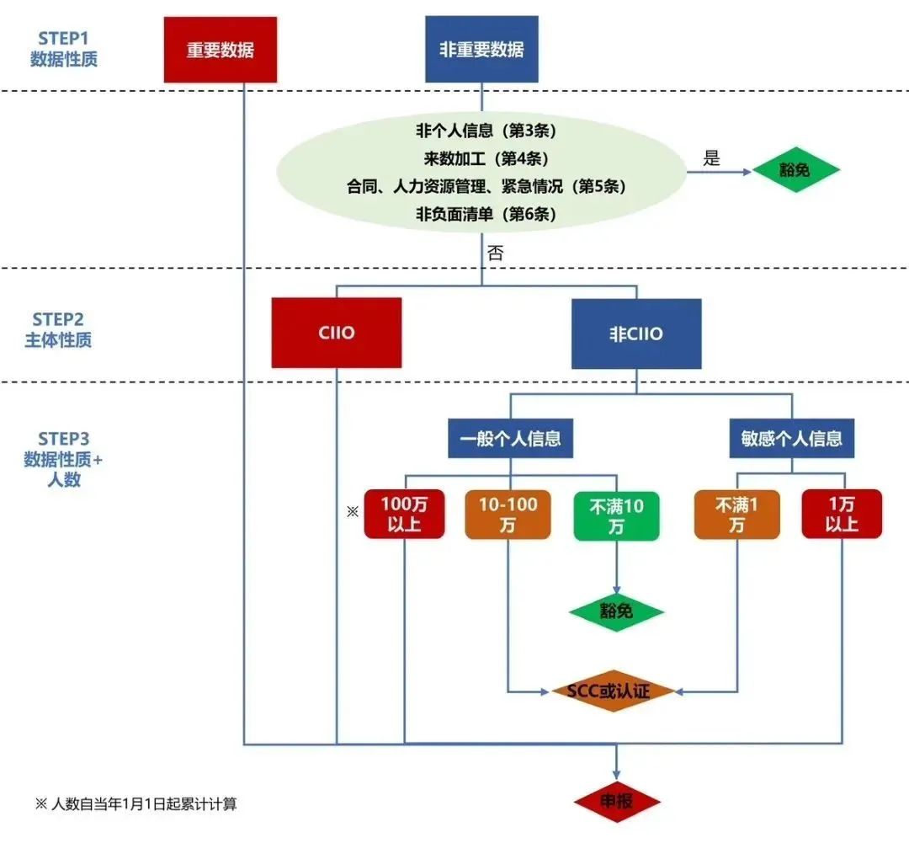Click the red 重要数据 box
pos(221,50)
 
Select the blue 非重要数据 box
pos(481,50)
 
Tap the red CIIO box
pos(336,333)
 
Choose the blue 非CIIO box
pos(636,333)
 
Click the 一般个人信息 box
pos(510,438)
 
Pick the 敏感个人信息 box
pos(791,438)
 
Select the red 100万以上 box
pos(404,514)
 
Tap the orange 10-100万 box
pos(508,515)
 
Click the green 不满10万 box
pos(616,515)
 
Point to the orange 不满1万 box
pos(736,515)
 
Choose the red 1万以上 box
pos(842,514)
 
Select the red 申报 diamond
pos(617,801)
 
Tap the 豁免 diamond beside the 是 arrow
pos(795,170)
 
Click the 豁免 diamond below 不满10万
pos(616,611)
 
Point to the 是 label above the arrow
pos(711,157)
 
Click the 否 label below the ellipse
pos(495,253)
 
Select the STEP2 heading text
pos(58,319)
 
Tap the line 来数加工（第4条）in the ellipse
pos(486,158)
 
